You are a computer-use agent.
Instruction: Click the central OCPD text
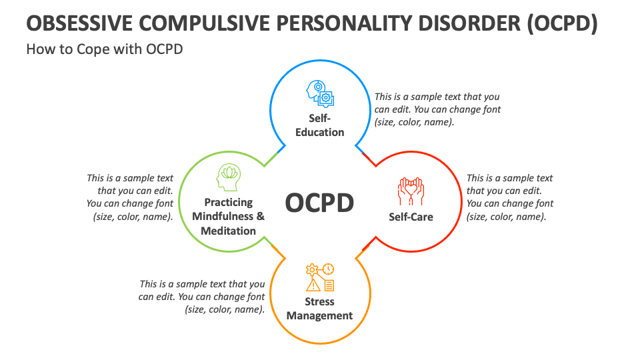[x=319, y=203]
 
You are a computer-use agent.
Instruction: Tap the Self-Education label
[x=320, y=125]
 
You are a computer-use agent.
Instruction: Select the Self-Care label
[x=411, y=217]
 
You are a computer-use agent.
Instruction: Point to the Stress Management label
[x=319, y=309]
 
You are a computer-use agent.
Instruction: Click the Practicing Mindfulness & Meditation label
[x=228, y=217]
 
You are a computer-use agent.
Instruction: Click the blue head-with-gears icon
[x=320, y=94]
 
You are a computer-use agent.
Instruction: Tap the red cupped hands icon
[x=411, y=191]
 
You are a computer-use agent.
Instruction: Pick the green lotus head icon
[x=228, y=179]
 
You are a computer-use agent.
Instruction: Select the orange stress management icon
[x=320, y=277]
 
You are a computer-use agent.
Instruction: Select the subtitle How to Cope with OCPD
[x=104, y=49]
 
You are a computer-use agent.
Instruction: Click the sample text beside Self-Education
[x=437, y=109]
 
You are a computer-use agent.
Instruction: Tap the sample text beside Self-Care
[x=510, y=197]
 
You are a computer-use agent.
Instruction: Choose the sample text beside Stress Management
[x=202, y=297]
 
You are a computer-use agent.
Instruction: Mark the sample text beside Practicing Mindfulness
[x=130, y=197]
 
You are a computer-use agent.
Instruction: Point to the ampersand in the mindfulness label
[x=260, y=217]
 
